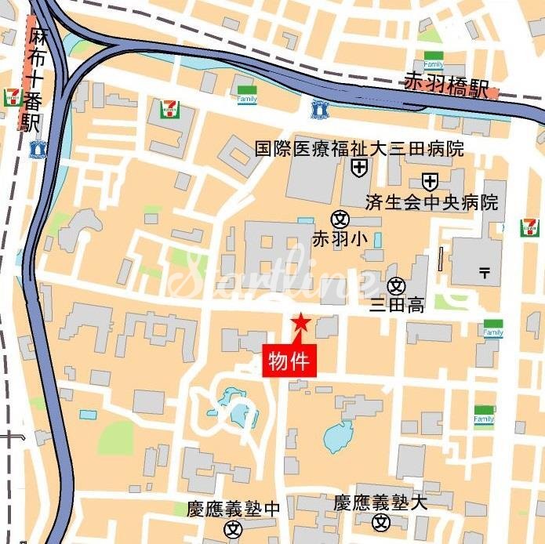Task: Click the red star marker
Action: (300, 322)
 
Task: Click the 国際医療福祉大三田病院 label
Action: (359, 148)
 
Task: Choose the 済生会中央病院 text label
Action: (431, 202)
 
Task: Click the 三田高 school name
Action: (398, 306)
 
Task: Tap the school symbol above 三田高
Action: (397, 285)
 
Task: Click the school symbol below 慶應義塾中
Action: (234, 529)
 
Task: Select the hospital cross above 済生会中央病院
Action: (430, 182)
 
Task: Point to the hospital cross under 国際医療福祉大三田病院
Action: (359, 167)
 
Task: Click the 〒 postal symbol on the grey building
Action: (484, 272)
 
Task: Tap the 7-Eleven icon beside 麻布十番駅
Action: (13, 97)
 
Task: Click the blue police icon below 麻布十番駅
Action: (37, 148)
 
